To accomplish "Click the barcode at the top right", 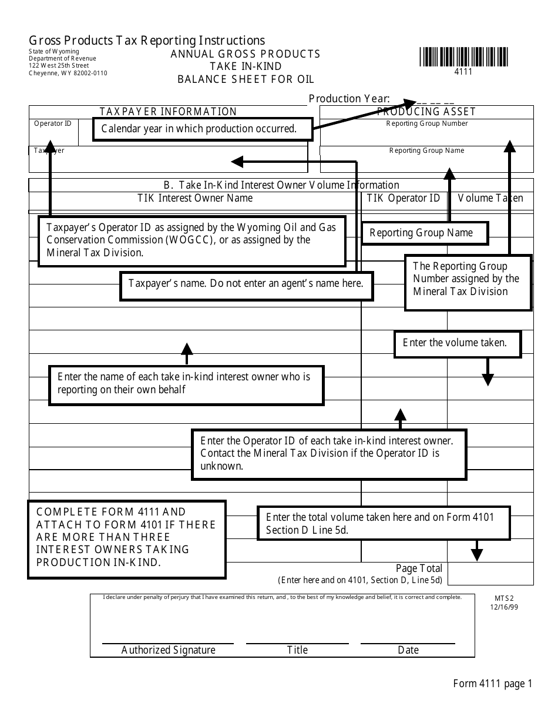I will (464, 57).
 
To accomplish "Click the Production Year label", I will (349, 99).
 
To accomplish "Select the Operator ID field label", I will (53, 123).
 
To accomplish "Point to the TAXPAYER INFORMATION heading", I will (168, 112).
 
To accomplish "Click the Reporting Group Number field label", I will (427, 123).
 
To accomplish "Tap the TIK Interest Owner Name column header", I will (195, 198).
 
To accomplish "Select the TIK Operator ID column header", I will (403, 198).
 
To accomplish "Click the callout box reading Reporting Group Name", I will (425, 233).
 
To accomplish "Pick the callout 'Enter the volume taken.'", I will (458, 343).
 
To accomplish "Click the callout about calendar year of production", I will (202, 129).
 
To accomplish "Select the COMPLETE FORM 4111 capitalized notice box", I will (126, 537).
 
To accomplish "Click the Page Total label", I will (419, 568).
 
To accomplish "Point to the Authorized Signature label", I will (168, 650).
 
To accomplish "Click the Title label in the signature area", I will (297, 650).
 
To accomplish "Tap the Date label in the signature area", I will (408, 650).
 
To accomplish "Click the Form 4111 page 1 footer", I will (492, 684).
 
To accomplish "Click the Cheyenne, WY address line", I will (68, 73).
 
